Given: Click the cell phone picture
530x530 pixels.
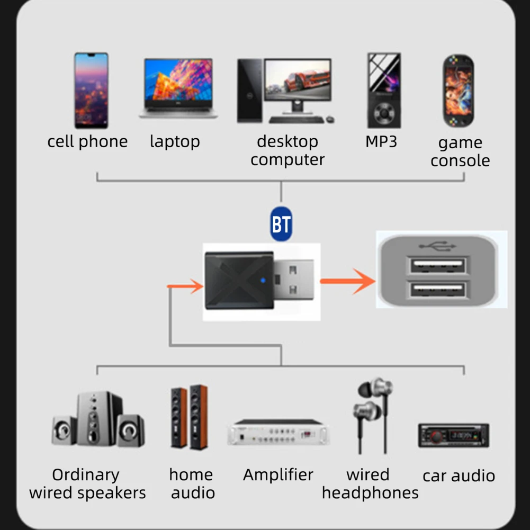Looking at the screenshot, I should (91, 90).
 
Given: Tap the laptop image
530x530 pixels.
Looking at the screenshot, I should (178, 88).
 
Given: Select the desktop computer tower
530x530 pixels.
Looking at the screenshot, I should (249, 91).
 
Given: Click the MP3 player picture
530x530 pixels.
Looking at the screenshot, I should (384, 90).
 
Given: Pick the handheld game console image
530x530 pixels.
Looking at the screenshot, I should (458, 91).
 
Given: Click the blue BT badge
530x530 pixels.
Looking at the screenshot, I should (281, 224).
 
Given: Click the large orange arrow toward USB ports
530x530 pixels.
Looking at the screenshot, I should (347, 281).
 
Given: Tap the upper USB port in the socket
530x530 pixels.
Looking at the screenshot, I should (437, 265).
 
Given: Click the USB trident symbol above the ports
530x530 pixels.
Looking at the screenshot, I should (437, 246).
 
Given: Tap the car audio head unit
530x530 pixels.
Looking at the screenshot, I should (453, 436).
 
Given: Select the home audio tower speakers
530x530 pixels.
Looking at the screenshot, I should (189, 418).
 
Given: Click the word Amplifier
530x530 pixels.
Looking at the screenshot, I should (278, 475).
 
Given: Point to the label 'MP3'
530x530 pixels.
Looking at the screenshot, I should (381, 141).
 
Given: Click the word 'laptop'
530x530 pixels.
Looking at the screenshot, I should (175, 141).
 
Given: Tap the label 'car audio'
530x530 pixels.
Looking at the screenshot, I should (459, 476).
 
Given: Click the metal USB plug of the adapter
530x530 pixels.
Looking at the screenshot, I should (294, 280).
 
